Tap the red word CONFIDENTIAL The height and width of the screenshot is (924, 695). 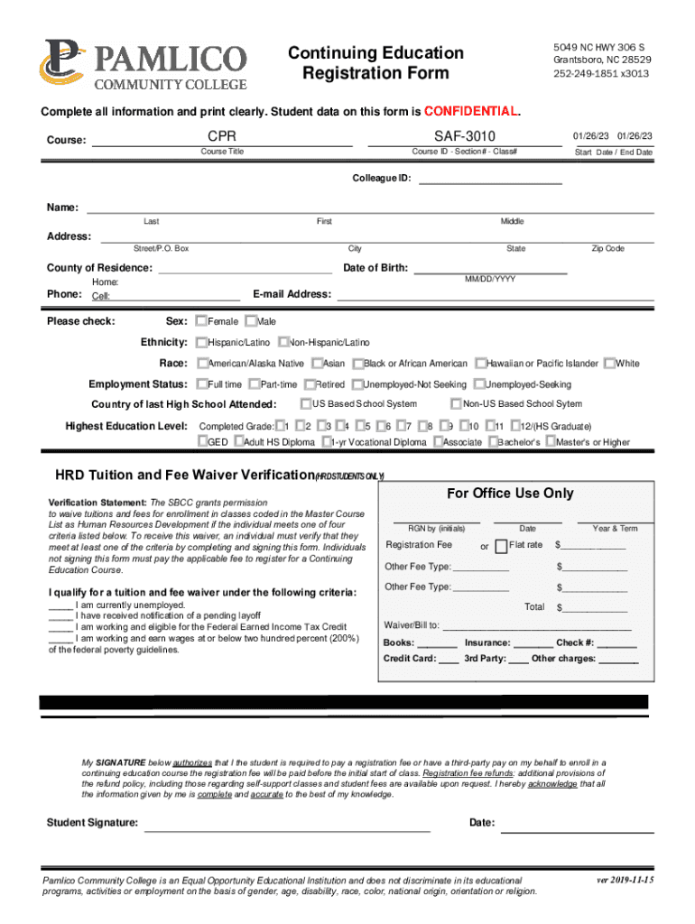click(472, 112)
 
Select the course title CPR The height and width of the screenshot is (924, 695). click(222, 135)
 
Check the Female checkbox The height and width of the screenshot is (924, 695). click(201, 321)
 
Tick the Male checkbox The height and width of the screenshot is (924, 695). click(250, 321)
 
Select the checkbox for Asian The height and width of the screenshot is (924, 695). click(316, 363)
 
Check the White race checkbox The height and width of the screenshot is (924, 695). click(609, 363)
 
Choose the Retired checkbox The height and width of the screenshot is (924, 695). click(309, 384)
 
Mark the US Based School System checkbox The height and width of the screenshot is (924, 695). click(306, 403)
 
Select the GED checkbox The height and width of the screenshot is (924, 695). click(202, 442)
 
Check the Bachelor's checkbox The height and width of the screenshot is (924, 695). click(493, 442)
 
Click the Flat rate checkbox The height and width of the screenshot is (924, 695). click(501, 546)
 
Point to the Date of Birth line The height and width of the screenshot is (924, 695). click(490, 272)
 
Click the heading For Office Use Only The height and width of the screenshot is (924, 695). click(510, 494)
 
